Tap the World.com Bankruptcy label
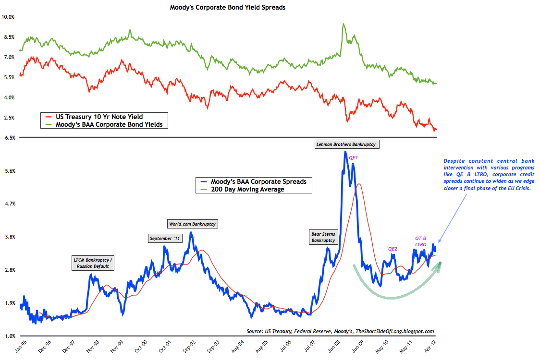tap(192, 224)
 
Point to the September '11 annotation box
tap(166, 238)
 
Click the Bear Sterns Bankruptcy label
tap(324, 237)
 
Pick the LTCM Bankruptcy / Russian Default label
tap(94, 263)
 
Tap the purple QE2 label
tap(393, 249)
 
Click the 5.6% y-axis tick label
tap(9, 170)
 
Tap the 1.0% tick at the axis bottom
tap(9, 336)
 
